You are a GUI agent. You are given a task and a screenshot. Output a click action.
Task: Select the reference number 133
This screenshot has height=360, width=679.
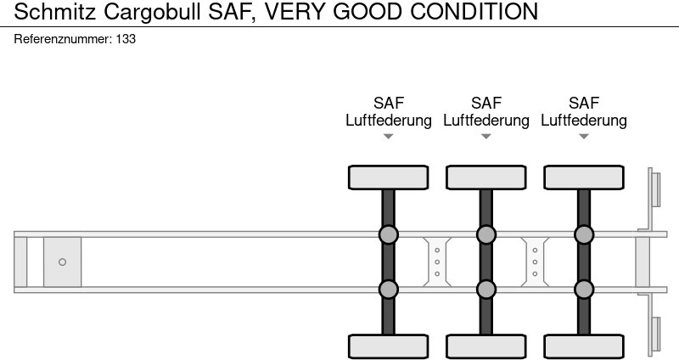tap(126, 39)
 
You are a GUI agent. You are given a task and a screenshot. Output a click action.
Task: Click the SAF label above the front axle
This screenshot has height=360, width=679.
tap(389, 103)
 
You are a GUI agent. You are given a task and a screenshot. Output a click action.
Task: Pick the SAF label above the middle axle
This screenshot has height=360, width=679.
tap(486, 103)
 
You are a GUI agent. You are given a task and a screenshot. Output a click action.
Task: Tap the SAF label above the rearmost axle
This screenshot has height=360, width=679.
tap(584, 103)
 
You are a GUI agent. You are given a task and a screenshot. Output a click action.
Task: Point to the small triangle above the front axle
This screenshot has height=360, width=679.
tap(389, 136)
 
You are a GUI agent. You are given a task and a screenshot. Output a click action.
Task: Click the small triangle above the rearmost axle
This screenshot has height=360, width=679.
tap(584, 136)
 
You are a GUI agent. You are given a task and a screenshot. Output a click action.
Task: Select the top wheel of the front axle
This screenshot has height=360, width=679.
tap(389, 177)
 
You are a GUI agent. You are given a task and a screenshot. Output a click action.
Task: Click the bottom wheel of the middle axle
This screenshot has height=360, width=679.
tap(486, 346)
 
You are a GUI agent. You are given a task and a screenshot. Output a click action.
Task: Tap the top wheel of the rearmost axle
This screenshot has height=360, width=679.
tap(584, 177)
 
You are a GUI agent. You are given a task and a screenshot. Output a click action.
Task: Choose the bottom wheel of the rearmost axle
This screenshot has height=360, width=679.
tap(584, 346)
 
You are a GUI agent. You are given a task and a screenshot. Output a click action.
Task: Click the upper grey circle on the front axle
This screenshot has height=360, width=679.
tap(389, 234)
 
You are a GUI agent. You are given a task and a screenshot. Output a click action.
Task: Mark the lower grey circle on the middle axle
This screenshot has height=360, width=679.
tap(486, 290)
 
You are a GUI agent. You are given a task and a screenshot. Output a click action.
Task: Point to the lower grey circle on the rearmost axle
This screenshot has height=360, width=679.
tap(584, 290)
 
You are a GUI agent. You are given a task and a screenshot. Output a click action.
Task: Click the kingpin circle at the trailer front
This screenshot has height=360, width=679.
tap(62, 262)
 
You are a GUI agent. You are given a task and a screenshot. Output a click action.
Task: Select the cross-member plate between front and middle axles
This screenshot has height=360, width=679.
tap(437, 262)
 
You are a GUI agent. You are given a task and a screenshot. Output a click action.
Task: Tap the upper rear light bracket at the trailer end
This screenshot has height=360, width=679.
tap(654, 188)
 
